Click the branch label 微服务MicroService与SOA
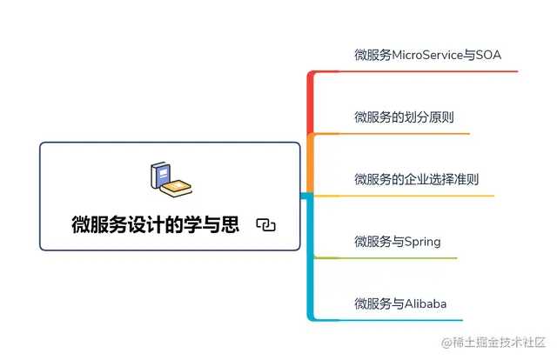point(427,55)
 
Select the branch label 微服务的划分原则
point(404,117)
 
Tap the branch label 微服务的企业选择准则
point(416,179)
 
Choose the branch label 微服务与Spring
point(398,241)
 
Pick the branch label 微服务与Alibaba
point(400,303)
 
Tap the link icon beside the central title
point(266,225)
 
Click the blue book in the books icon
point(160,176)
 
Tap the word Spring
point(423,241)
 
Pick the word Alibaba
point(426,303)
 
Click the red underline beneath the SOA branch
point(418,71)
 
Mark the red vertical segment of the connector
point(310,104)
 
